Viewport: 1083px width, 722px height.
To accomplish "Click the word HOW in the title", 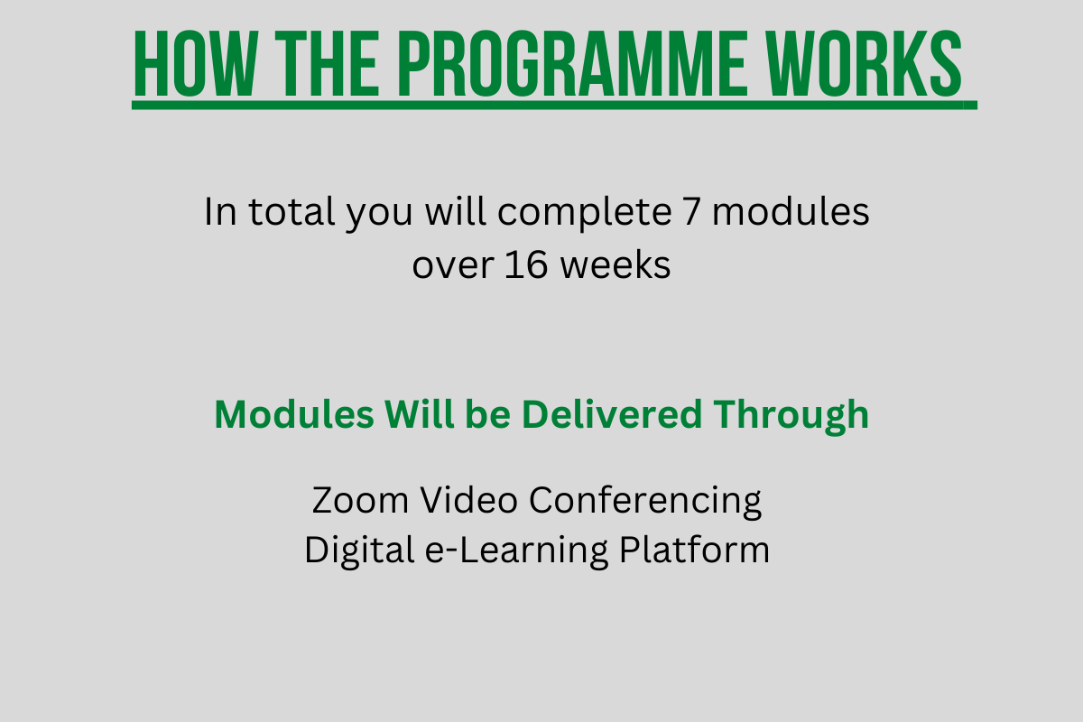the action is click(196, 64).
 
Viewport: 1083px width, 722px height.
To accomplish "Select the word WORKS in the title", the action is click(866, 64).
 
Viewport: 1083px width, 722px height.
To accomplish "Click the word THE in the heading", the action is click(327, 64).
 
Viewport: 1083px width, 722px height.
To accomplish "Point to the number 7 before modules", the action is click(691, 213).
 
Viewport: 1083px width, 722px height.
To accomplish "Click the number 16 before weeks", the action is click(526, 265).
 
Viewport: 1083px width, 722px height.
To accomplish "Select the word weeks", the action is click(616, 265).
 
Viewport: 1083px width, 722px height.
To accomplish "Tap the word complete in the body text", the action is click(585, 213).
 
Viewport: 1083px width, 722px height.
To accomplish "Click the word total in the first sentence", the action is click(292, 212).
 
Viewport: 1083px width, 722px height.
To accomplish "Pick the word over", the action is click(453, 266).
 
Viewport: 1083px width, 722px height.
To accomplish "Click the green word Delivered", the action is click(612, 414).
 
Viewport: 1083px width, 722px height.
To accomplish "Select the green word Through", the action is click(791, 417).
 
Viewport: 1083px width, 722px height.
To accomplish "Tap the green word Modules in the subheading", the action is click(294, 414).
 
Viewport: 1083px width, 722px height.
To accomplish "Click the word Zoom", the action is click(360, 500).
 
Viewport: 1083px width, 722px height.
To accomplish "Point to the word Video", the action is click(469, 499).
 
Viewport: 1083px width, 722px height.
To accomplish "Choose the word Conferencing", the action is click(645, 502).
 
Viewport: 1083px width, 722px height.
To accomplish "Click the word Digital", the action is click(360, 551).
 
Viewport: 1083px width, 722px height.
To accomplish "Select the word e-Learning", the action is click(517, 551).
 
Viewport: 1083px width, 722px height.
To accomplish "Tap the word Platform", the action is click(694, 550).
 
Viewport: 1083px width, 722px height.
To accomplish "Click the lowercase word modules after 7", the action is click(791, 212).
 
